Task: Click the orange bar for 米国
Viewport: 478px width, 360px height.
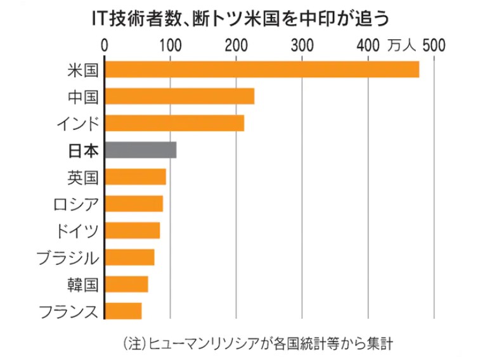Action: click(262, 69)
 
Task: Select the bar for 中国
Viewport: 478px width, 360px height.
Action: click(179, 96)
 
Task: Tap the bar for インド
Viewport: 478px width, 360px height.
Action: click(174, 123)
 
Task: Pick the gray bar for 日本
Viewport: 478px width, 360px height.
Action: click(140, 150)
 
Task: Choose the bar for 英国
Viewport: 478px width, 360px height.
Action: click(135, 177)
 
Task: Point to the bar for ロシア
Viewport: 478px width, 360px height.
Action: click(134, 203)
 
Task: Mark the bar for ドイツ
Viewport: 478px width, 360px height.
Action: click(132, 231)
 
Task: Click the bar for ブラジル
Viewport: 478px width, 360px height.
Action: click(129, 257)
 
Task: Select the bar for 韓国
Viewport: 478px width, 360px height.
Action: click(126, 284)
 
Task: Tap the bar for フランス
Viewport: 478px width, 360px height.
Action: click(123, 311)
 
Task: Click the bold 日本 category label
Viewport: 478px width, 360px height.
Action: click(83, 151)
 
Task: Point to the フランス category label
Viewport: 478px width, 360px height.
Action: click(68, 311)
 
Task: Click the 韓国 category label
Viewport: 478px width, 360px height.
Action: click(83, 285)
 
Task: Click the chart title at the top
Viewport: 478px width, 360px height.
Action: click(238, 17)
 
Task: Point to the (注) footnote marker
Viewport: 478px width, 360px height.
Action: click(134, 344)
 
